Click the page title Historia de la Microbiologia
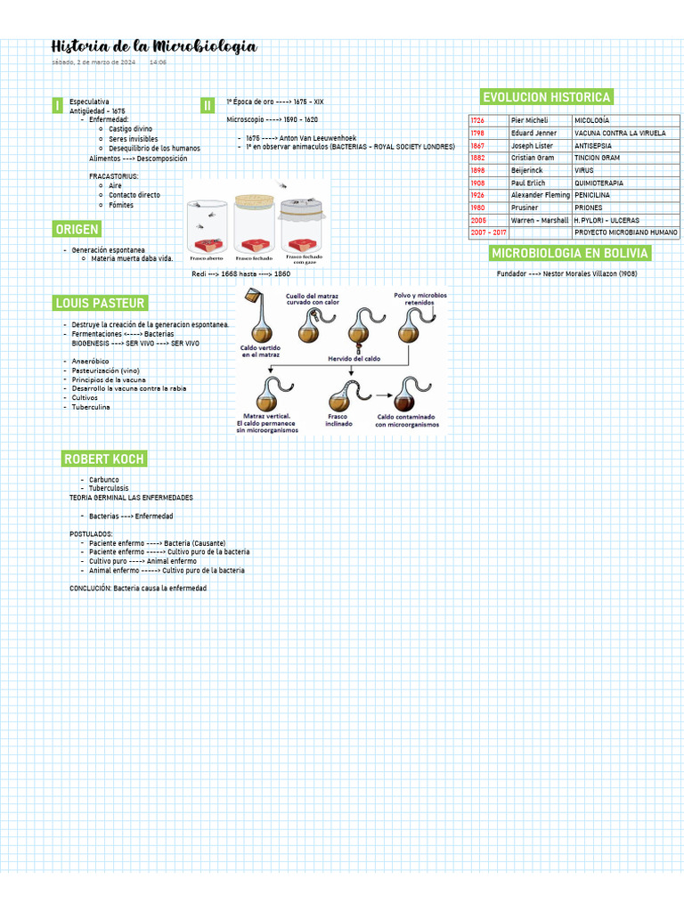pos(154,46)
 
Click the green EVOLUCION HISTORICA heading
pos(546,97)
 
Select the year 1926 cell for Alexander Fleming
pos(478,195)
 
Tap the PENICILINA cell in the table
pos(593,195)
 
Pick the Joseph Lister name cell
pos(532,145)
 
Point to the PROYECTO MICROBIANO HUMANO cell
pos(625,232)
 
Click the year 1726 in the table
pos(478,120)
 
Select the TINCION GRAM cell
pos(597,158)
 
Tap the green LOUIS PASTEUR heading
pos(100,303)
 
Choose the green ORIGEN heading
pos(77,230)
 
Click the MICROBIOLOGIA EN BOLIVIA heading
pos(570,254)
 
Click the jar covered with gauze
pos(304,227)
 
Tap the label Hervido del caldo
pos(354,358)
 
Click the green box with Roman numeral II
pos(208,105)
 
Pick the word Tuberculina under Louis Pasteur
pos(91,407)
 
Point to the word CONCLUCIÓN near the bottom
pos(90,589)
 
